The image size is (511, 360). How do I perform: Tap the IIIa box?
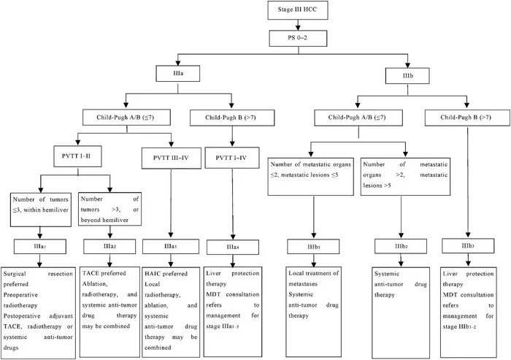[x=172, y=73]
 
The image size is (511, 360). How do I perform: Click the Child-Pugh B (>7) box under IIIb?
[x=463, y=117]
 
